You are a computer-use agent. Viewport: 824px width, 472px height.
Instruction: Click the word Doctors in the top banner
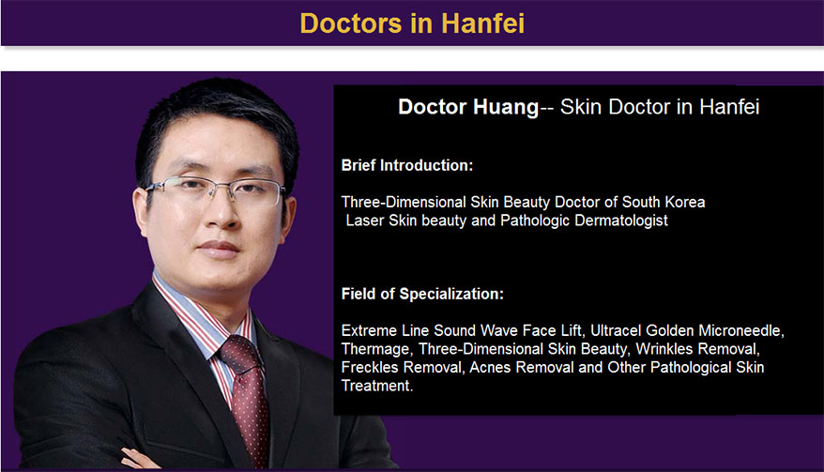351,23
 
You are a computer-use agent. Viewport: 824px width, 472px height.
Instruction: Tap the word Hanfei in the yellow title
482,23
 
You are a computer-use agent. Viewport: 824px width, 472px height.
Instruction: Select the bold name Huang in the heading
505,108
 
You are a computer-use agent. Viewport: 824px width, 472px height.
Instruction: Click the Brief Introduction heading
406,165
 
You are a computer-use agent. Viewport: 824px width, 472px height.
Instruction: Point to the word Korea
685,202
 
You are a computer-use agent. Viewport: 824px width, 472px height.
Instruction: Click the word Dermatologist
621,221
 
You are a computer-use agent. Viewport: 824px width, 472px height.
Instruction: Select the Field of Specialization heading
422,294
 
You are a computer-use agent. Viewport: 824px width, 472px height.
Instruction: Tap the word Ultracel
616,330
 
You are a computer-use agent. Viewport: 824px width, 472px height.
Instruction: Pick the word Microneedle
741,330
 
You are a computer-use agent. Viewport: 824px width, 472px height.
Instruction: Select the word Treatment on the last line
376,386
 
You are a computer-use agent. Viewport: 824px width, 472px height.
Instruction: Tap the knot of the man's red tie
239,353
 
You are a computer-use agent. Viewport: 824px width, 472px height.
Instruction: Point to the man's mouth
218,248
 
